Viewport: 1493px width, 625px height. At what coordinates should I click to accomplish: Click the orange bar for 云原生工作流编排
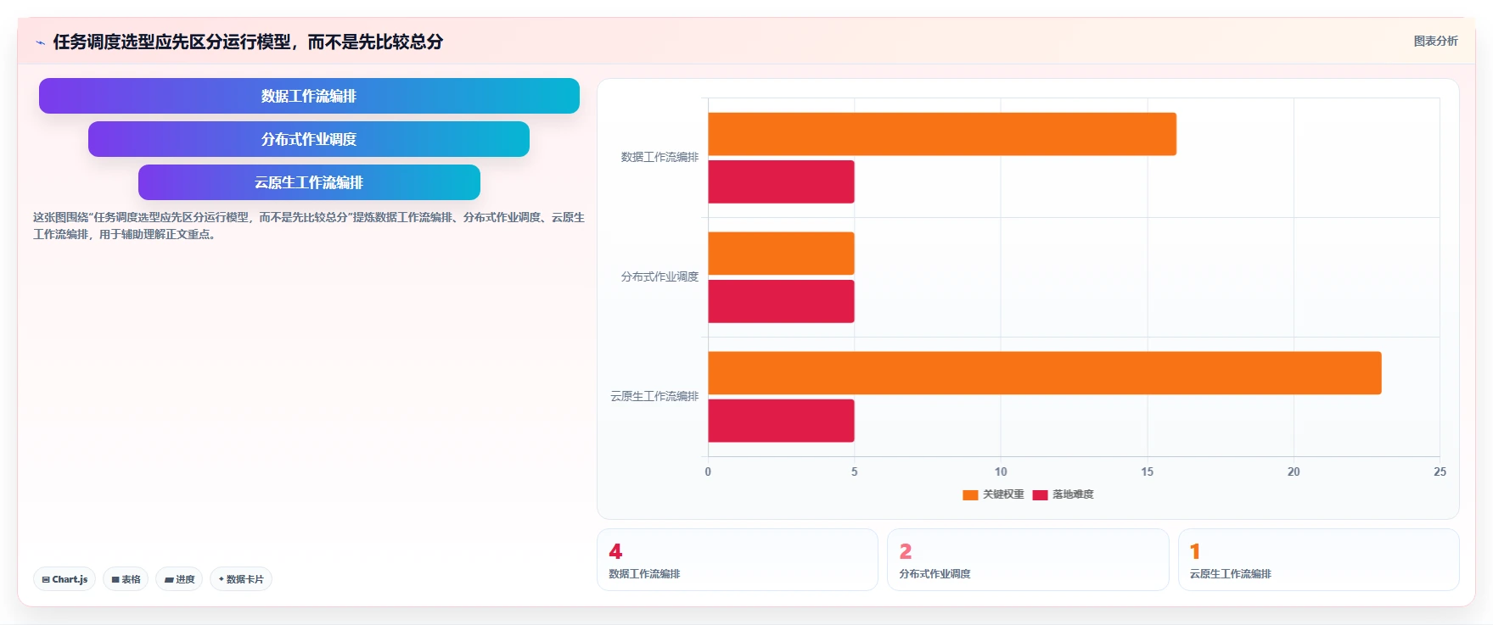click(x=1045, y=373)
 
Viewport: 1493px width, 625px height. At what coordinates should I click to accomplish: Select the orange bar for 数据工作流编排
click(x=942, y=134)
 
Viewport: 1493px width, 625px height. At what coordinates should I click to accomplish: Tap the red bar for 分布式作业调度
click(x=781, y=301)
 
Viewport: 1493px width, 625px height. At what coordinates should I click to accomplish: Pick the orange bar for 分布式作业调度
click(x=781, y=254)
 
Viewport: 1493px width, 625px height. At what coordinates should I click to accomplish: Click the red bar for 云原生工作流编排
click(x=781, y=421)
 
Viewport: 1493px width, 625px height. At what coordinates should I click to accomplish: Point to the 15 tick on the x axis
click(x=1147, y=472)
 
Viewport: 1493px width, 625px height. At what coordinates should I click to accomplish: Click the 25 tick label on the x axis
click(x=1440, y=472)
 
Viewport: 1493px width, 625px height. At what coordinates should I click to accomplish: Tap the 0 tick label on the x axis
click(x=708, y=472)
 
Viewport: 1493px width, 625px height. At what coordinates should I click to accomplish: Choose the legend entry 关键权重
click(x=993, y=494)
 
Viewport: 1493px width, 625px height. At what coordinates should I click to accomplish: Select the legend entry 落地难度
click(x=1063, y=494)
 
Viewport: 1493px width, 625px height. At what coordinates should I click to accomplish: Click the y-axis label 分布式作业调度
click(x=660, y=276)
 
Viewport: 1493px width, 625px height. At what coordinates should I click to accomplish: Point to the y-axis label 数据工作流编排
click(x=660, y=157)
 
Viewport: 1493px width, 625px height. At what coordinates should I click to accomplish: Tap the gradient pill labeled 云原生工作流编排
click(x=309, y=182)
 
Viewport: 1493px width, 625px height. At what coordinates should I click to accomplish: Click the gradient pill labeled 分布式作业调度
click(x=309, y=139)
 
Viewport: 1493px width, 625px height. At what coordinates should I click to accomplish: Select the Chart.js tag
click(x=65, y=579)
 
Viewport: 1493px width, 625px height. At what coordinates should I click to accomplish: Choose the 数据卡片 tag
click(x=241, y=579)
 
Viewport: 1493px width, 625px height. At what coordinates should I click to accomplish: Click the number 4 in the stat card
click(x=615, y=551)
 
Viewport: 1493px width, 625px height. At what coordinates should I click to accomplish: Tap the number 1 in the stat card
click(x=1195, y=551)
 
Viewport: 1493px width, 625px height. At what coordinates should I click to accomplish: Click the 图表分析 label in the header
click(x=1435, y=41)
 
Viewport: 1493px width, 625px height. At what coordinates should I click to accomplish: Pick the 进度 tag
click(x=179, y=579)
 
